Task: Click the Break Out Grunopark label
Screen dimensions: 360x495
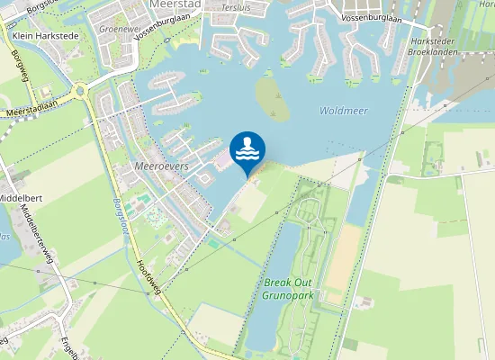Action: tap(288, 287)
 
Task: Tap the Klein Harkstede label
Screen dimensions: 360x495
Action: tap(46, 35)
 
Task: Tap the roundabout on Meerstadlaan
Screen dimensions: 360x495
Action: tap(81, 90)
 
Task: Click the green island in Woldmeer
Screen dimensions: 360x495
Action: tap(274, 98)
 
